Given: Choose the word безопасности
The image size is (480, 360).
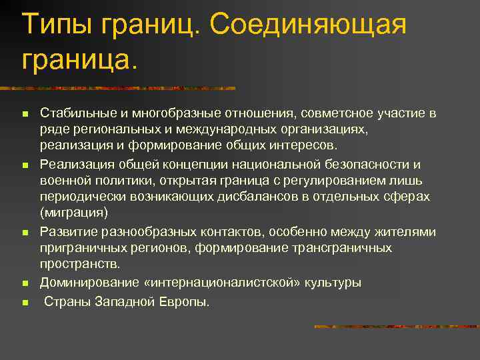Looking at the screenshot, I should pyautogui.click(x=362, y=164).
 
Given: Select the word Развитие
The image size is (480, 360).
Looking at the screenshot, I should pyautogui.click(x=67, y=232).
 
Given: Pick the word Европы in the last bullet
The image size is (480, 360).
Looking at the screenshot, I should pyautogui.click(x=189, y=301).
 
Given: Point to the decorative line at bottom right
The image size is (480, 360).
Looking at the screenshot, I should pyautogui.click(x=396, y=327).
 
